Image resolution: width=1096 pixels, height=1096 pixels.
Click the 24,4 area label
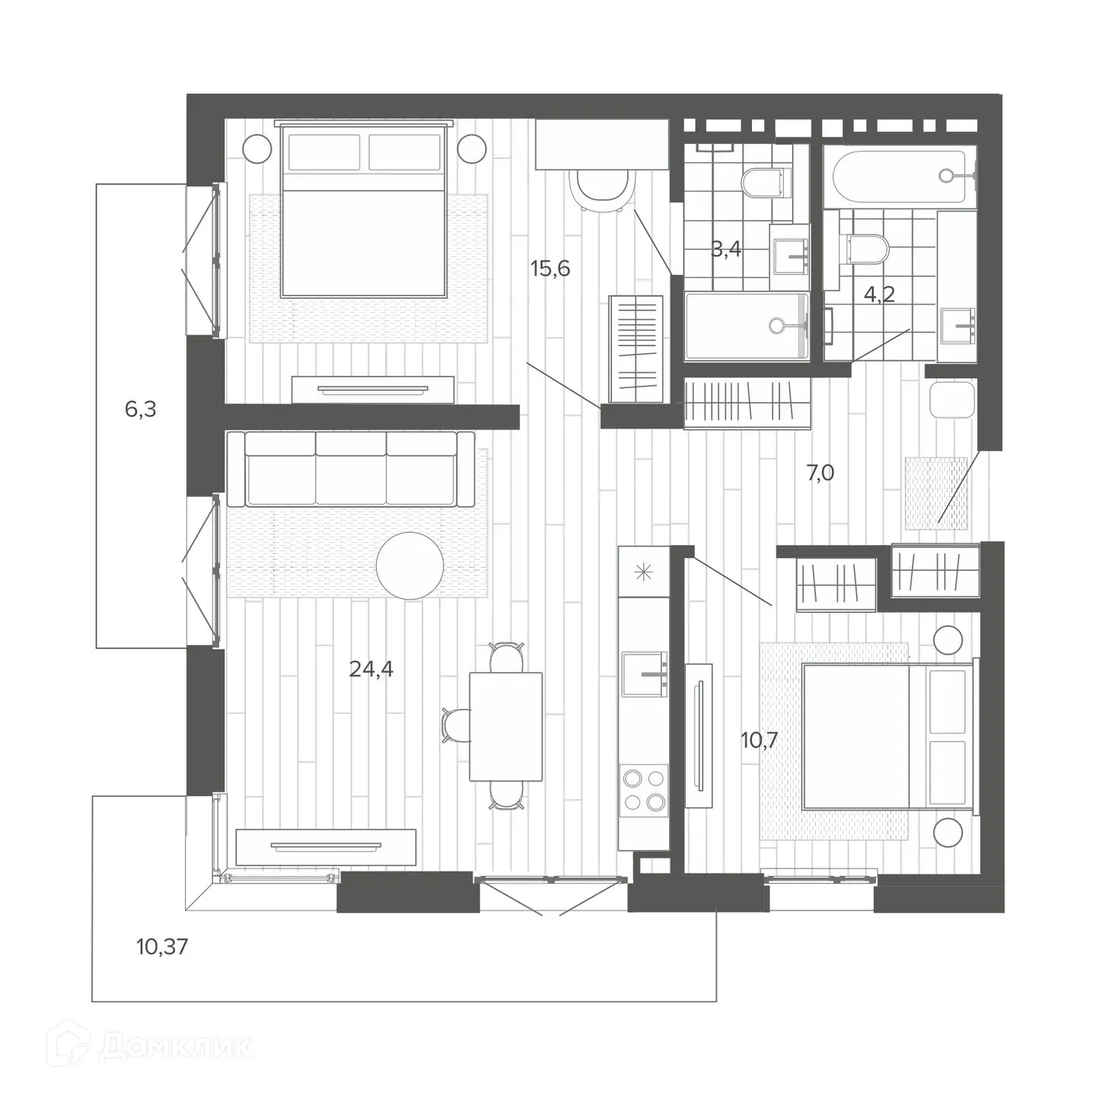click(371, 669)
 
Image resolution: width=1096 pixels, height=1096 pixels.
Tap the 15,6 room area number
click(550, 268)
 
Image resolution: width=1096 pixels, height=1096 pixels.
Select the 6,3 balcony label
click(140, 409)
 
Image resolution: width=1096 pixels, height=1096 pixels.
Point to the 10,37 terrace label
click(162, 948)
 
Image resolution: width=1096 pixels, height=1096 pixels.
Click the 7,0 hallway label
click(820, 473)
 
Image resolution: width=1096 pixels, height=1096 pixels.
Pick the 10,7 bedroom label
click(759, 739)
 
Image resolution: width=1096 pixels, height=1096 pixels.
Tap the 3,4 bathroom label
click(726, 249)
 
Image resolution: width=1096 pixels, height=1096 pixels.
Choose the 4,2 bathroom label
click(879, 295)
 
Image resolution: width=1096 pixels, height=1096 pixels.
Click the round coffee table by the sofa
click(409, 565)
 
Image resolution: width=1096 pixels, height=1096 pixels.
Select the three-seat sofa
click(350, 469)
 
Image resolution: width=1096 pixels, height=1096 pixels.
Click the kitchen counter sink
click(644, 674)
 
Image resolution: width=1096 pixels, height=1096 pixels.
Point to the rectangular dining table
click(506, 726)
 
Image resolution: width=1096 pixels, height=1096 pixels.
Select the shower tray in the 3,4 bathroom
click(746, 326)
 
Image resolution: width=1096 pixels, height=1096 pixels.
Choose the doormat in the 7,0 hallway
click(935, 493)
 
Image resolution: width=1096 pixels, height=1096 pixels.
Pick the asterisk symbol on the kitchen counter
click(644, 572)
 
